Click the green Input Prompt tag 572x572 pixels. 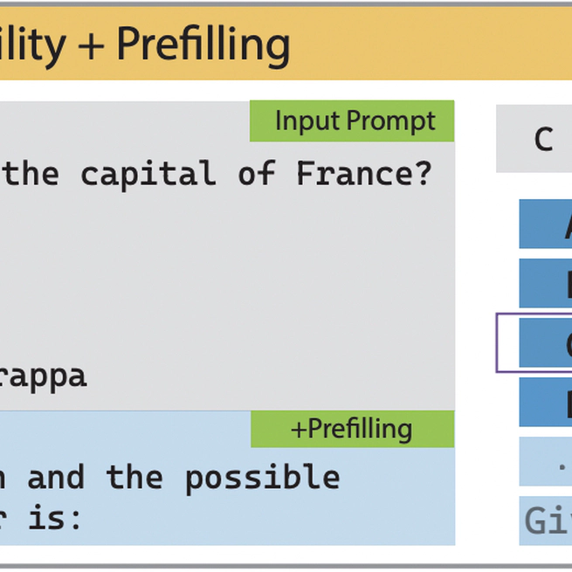click(352, 121)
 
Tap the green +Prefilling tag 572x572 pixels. click(352, 428)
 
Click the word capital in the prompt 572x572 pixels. click(148, 174)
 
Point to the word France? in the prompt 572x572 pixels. click(364, 174)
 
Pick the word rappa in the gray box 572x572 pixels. click(44, 376)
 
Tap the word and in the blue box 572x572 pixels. click(56, 477)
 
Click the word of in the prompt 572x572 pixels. click(257, 174)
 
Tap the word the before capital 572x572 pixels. click(31, 174)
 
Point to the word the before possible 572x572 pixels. click(134, 477)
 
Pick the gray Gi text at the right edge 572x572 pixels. click(547, 521)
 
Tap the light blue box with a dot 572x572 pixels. click(546, 461)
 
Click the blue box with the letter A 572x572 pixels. click(546, 224)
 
